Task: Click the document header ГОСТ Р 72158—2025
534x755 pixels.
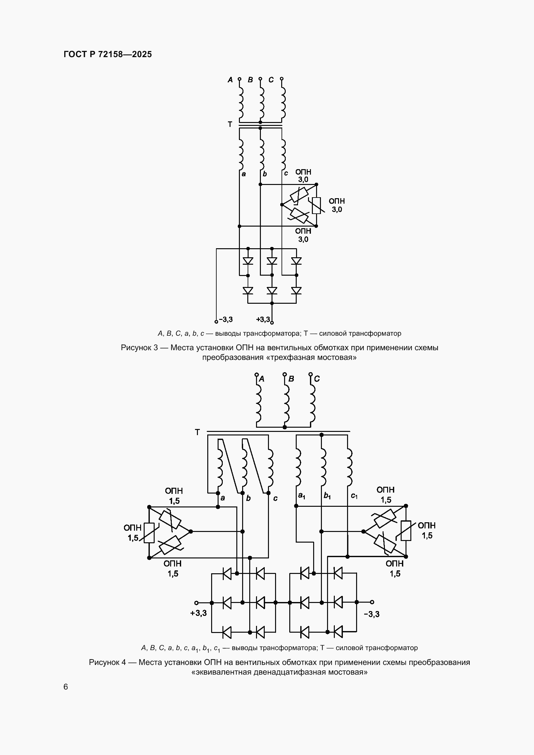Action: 108,54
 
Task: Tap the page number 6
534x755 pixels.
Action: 66,687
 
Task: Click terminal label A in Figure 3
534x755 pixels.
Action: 230,80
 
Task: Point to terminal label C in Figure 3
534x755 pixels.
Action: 271,80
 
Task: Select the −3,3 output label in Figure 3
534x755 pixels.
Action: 226,319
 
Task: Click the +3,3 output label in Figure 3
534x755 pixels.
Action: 263,319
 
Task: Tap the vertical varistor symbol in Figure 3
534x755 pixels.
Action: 316,205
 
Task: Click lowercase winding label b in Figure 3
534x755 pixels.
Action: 265,174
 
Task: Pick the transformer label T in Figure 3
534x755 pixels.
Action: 230,124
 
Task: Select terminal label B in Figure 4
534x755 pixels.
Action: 291,379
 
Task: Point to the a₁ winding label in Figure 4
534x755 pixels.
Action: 302,495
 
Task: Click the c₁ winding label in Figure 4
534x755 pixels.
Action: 354,495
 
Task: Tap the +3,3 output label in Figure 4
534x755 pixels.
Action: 199,613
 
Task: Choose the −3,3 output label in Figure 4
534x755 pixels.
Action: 372,614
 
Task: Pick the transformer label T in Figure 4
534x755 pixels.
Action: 197,432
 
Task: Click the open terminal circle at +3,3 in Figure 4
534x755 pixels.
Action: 196,602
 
